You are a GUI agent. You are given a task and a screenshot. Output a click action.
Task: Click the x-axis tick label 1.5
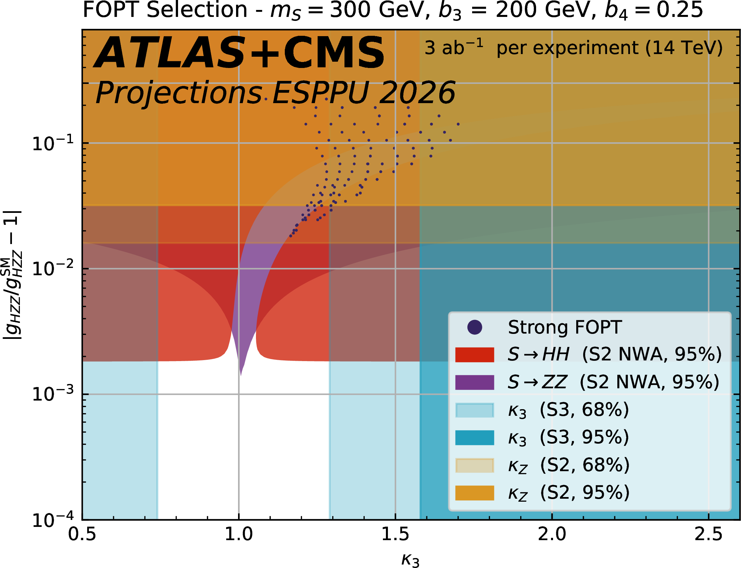pos(395,535)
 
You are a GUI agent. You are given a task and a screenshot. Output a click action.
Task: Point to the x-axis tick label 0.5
pos(82,535)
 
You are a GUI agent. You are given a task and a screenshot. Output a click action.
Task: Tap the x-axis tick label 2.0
pos(552,535)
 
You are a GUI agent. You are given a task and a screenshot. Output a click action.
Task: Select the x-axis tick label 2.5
pos(709,535)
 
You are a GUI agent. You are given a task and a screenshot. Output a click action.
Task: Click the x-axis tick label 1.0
pos(239,535)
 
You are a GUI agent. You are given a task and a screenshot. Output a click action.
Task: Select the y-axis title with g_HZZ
pos(13,275)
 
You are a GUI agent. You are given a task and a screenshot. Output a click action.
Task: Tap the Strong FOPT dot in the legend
pos(475,327)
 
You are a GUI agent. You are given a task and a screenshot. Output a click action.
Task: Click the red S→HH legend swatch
pos(475,355)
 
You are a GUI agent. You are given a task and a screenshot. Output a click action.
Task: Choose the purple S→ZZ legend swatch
pos(475,382)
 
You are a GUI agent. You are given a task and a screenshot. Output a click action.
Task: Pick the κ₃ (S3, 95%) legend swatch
pos(475,437)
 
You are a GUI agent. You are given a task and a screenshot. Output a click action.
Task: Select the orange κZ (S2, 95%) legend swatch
pos(475,493)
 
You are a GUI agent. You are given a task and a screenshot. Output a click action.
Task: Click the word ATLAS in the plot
pos(169,53)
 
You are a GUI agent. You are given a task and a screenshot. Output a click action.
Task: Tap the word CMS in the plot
pos(334,53)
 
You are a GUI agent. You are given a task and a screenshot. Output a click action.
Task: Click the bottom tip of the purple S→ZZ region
pos(241,375)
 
